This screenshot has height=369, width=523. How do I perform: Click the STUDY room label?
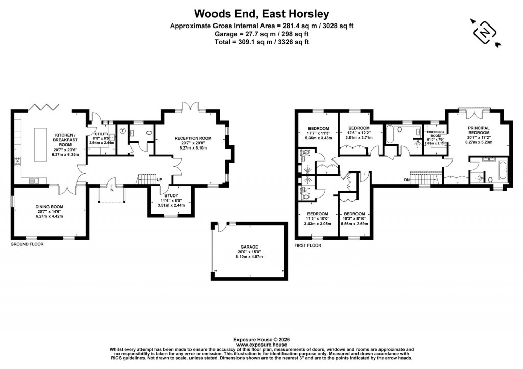click(x=170, y=195)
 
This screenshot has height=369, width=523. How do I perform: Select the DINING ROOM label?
click(x=50, y=206)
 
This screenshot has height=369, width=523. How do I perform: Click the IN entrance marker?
click(x=111, y=190)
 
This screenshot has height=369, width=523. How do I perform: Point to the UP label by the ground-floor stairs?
click(x=159, y=180)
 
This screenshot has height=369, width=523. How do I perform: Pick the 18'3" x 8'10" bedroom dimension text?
click(x=354, y=219)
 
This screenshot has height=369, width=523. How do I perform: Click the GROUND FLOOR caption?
click(x=27, y=244)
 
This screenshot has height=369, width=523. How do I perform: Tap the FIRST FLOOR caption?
click(x=308, y=245)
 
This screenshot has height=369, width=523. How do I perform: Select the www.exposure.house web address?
click(x=261, y=345)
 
